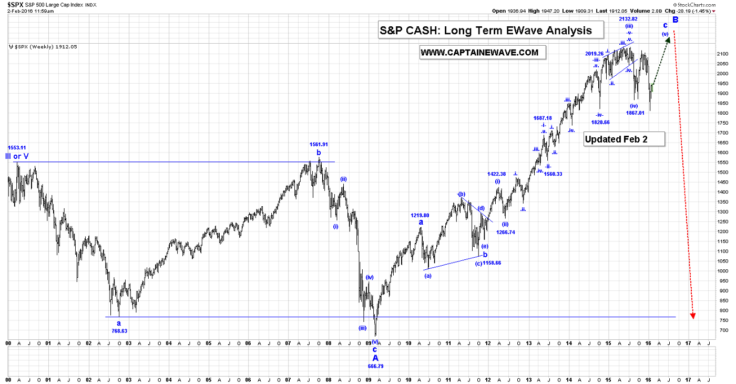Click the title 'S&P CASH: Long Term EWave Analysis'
(x=486, y=31)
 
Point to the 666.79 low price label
(x=375, y=366)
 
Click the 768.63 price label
(x=119, y=331)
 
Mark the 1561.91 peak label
(x=319, y=144)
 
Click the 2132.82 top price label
(x=628, y=19)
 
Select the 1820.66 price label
(x=600, y=122)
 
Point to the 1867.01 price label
(x=634, y=113)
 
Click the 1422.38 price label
(x=497, y=174)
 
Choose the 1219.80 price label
(x=420, y=215)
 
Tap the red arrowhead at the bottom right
(x=693, y=315)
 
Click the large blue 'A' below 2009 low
(x=375, y=358)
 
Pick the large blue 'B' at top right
(x=676, y=19)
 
